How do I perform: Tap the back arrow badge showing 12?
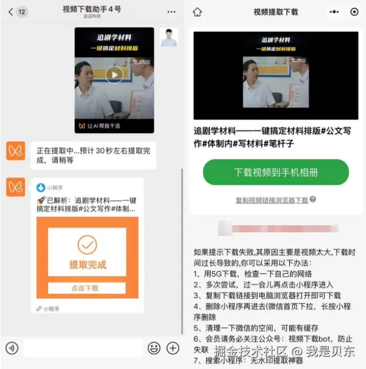click(18, 12)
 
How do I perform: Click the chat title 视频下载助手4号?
click(92, 9)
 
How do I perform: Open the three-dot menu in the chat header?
click(171, 12)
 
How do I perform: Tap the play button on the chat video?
click(114, 74)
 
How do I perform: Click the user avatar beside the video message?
click(169, 37)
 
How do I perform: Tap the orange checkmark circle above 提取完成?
click(87, 245)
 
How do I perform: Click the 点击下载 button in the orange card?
click(87, 288)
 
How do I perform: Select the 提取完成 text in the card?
click(87, 265)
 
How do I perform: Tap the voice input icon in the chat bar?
click(12, 348)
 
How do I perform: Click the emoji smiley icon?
click(154, 348)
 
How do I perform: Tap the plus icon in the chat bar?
click(172, 348)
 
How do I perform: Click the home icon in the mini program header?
click(197, 12)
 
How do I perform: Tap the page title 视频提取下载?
click(276, 12)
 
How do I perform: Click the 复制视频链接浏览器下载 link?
click(272, 200)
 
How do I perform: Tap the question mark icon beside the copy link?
click(313, 199)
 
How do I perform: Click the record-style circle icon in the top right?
click(354, 12)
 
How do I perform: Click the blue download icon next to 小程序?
click(40, 188)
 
